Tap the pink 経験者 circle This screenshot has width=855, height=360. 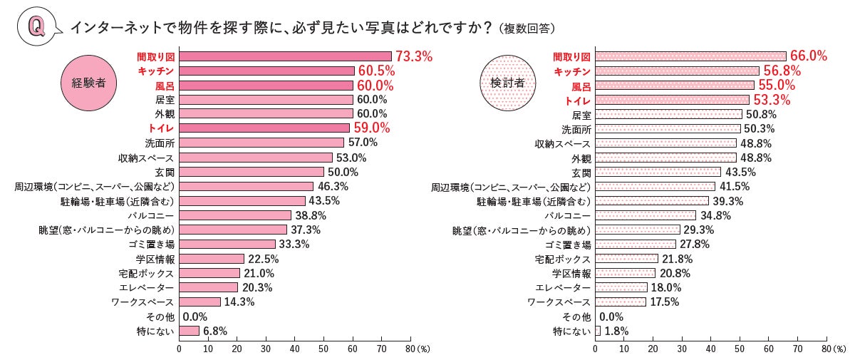[x=89, y=82]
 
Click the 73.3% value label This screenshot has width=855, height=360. [x=414, y=56]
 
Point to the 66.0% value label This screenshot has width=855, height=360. [x=808, y=56]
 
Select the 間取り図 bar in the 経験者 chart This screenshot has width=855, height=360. [x=285, y=56]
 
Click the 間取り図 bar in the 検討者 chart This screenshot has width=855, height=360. [x=690, y=56]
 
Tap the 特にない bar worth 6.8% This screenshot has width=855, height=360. [x=189, y=331]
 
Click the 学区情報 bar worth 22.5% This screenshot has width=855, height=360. [x=212, y=258]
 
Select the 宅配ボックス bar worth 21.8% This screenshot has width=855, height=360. [x=626, y=258]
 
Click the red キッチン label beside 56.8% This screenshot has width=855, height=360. [x=573, y=71]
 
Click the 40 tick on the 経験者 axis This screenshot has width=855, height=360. [x=294, y=349]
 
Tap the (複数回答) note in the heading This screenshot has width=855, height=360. [x=527, y=29]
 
